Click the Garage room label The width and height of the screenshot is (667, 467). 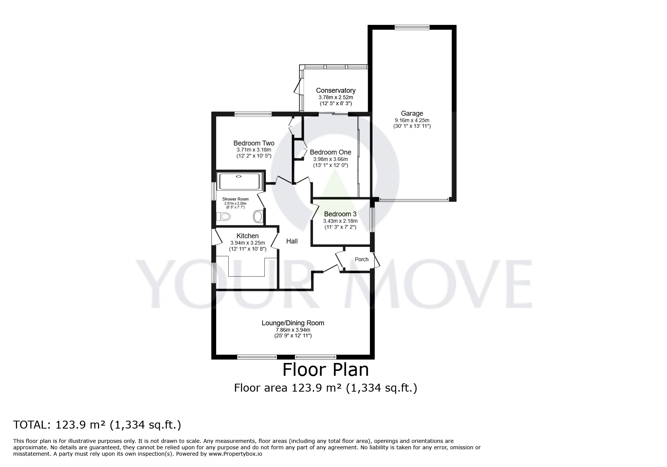(412, 113)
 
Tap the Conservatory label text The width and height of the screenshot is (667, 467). (335, 90)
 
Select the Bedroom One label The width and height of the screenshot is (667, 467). (330, 152)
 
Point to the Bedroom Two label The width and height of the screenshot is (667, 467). (253, 143)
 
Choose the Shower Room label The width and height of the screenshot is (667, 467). (235, 199)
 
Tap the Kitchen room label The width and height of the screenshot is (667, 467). (247, 236)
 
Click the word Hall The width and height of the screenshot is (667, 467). (292, 241)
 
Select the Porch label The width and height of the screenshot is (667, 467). (362, 259)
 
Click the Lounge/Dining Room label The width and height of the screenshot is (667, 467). (293, 323)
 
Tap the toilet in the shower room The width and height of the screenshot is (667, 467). (224, 216)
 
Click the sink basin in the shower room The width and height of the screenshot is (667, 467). (258, 216)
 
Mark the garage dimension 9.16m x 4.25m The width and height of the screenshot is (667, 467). (412, 120)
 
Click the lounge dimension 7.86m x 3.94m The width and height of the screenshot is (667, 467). (293, 330)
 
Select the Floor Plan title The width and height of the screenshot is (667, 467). (325, 370)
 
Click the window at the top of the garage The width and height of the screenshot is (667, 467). (412, 27)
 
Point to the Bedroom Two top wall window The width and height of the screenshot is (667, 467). (253, 114)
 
